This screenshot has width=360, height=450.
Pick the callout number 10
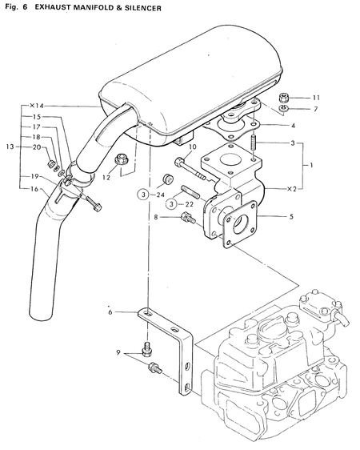pos(192,147)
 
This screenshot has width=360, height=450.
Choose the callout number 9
pos(118,352)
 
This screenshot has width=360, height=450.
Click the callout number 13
pos(10,147)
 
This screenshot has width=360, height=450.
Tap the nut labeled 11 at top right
pos(283,98)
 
